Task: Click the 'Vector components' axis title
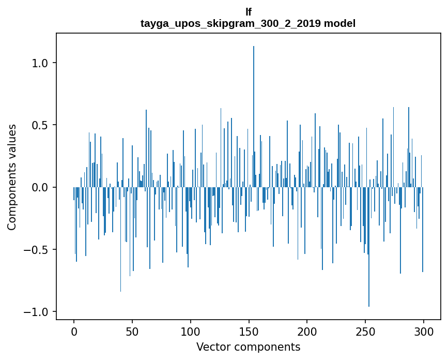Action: pyautogui.click(x=248, y=347)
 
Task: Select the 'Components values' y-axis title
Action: pyautogui.click(x=12, y=177)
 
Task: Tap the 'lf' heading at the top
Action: pyautogui.click(x=248, y=12)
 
